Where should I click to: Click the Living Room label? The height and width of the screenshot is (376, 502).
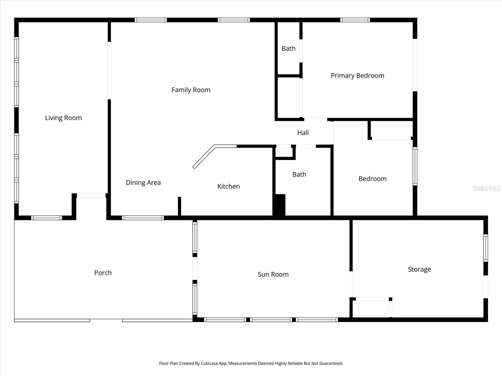63,118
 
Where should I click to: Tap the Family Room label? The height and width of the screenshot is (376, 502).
191,90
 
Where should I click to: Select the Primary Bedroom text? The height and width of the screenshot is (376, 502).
357,76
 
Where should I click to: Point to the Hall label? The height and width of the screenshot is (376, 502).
303,133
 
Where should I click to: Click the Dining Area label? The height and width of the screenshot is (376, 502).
143,183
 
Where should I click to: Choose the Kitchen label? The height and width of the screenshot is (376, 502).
228,186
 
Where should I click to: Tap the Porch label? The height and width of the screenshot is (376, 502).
103,273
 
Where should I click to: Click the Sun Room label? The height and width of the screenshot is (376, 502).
273,274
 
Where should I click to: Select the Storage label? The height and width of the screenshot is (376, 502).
419,269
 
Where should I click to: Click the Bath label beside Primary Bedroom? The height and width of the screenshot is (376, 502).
288,49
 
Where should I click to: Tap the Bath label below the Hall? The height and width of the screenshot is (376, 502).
299,175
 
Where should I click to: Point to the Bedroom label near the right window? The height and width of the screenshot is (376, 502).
372,179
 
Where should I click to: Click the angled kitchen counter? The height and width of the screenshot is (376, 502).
203,157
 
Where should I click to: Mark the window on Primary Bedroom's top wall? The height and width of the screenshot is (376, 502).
355,20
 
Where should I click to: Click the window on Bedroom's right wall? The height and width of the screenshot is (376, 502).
415,166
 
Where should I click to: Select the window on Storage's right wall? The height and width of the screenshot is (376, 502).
485,248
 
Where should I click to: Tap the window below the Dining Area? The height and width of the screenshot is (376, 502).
143,218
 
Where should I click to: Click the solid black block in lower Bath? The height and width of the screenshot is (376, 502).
279,205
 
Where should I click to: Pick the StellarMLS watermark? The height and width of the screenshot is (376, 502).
486,188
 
